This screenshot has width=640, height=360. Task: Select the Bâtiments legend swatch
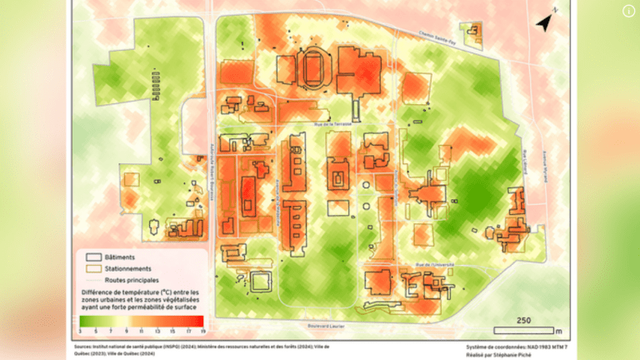click(x=93, y=257)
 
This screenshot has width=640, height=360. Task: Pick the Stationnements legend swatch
click(x=93, y=268)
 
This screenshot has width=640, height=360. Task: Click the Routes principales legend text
click(x=133, y=279)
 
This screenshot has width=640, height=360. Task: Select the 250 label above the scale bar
click(x=523, y=319)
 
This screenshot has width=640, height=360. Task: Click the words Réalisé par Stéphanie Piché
click(x=500, y=353)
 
